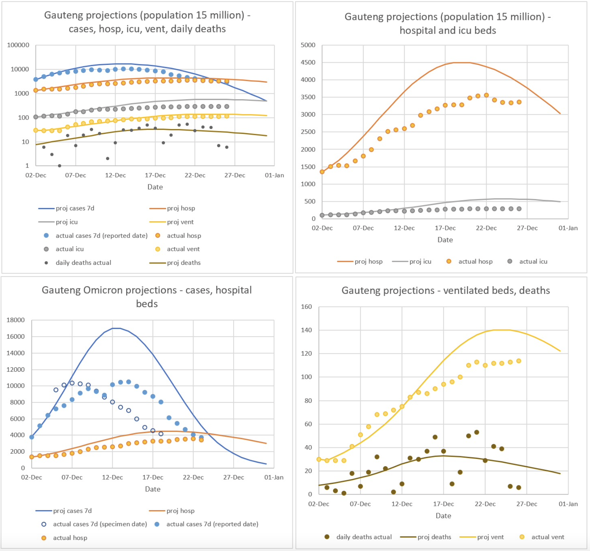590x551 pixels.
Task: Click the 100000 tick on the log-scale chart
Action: click(18, 45)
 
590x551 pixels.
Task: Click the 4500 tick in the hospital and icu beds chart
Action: click(308, 62)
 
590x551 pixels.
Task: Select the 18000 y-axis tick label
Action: click(16, 320)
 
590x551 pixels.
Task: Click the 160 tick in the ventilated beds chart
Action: click(306, 307)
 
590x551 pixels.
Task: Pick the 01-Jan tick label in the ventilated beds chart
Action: click(568, 504)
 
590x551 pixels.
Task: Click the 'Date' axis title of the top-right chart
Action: click(445, 240)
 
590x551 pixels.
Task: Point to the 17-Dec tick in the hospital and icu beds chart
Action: click(445, 228)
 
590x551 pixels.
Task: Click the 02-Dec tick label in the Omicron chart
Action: click(31, 477)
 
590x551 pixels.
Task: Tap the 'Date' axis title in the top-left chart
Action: click(155, 187)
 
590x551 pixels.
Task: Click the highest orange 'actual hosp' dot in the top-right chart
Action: click(486, 95)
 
